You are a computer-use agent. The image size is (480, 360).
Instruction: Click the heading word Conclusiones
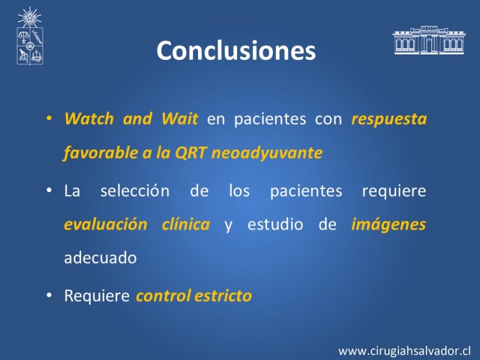(x=236, y=50)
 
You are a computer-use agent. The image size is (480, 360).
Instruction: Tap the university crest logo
(x=29, y=36)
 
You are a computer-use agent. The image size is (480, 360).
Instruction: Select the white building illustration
(x=429, y=40)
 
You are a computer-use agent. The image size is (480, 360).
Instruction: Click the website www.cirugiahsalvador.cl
(x=404, y=351)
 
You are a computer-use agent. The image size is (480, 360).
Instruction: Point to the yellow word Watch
(x=89, y=118)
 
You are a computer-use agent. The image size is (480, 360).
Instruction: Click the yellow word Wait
(x=180, y=118)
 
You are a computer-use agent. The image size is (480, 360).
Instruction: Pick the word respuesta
(x=389, y=119)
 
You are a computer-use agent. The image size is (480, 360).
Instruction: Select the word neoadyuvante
(x=267, y=153)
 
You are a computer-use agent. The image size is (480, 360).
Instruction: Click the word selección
(x=135, y=190)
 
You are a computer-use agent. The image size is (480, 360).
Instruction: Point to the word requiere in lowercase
(x=394, y=191)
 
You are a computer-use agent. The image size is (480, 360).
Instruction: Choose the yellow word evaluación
(x=106, y=224)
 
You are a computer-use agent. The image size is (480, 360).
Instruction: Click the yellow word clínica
(x=186, y=224)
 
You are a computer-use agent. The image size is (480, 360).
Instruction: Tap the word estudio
(x=275, y=224)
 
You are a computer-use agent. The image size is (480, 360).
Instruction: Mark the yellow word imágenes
(x=388, y=224)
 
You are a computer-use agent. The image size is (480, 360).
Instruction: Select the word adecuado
(x=100, y=257)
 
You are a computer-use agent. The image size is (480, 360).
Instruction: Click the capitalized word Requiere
(x=97, y=296)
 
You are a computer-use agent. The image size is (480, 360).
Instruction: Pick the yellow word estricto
(x=223, y=296)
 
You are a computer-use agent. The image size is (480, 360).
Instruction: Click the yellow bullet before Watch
(x=49, y=118)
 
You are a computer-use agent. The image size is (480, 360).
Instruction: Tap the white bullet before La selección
(x=49, y=190)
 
